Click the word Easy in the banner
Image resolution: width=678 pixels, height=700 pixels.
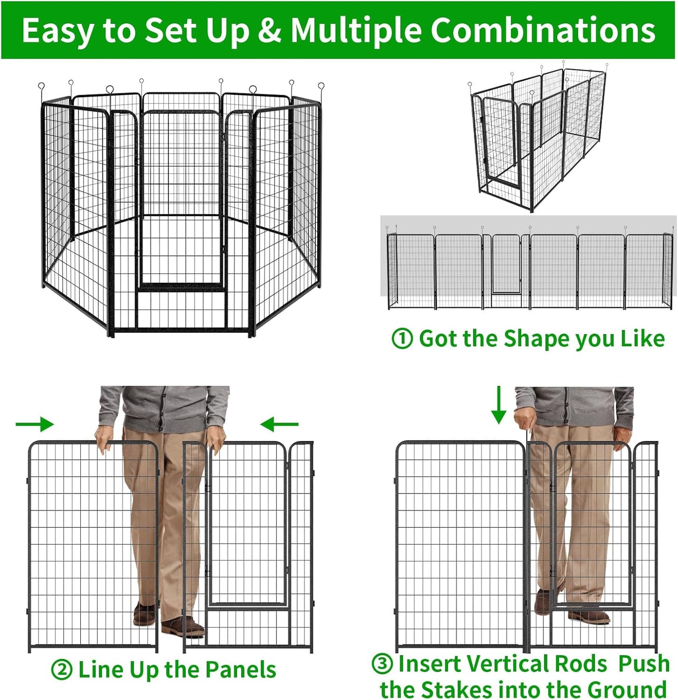pyautogui.click(x=59, y=31)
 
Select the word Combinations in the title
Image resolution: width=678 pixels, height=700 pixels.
pyautogui.click(x=542, y=31)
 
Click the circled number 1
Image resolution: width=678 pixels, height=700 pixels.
pyautogui.click(x=402, y=339)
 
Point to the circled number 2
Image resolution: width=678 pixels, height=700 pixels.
pyautogui.click(x=61, y=670)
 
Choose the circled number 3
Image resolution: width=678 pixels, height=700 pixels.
pyautogui.click(x=382, y=664)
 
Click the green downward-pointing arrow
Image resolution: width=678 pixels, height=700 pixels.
pyautogui.click(x=498, y=404)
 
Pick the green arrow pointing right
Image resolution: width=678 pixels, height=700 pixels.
pyautogui.click(x=35, y=424)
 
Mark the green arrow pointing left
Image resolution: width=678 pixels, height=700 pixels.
pyautogui.click(x=279, y=425)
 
